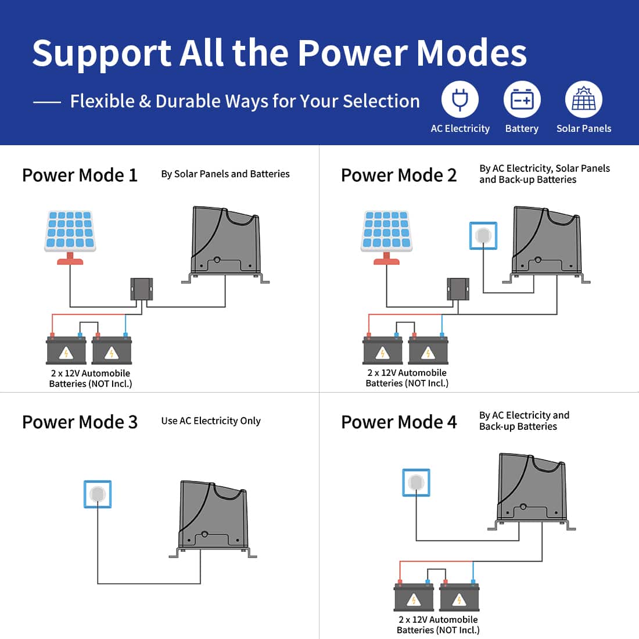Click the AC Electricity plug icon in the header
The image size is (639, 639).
click(x=459, y=100)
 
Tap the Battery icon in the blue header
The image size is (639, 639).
click(x=522, y=100)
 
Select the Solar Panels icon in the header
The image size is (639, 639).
click(x=583, y=100)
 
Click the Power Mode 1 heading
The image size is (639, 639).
click(x=80, y=175)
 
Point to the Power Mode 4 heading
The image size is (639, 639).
click(x=399, y=422)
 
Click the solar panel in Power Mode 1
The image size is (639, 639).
click(x=70, y=232)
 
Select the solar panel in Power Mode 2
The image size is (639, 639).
click(x=386, y=232)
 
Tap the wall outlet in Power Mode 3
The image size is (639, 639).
click(x=98, y=494)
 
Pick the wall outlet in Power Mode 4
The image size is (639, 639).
click(x=416, y=483)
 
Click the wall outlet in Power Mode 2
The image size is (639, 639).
click(x=483, y=235)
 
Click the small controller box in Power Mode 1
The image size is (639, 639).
click(x=142, y=289)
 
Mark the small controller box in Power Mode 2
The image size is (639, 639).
click(x=458, y=289)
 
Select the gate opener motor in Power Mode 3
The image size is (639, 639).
click(x=213, y=517)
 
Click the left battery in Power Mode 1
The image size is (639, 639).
click(x=66, y=350)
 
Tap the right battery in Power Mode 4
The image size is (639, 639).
click(x=459, y=597)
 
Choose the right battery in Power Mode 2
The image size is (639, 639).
click(x=428, y=350)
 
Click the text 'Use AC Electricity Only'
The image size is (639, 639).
click(x=211, y=421)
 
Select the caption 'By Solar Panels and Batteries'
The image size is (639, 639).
click(x=225, y=174)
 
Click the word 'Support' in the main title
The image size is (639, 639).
click(x=101, y=53)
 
